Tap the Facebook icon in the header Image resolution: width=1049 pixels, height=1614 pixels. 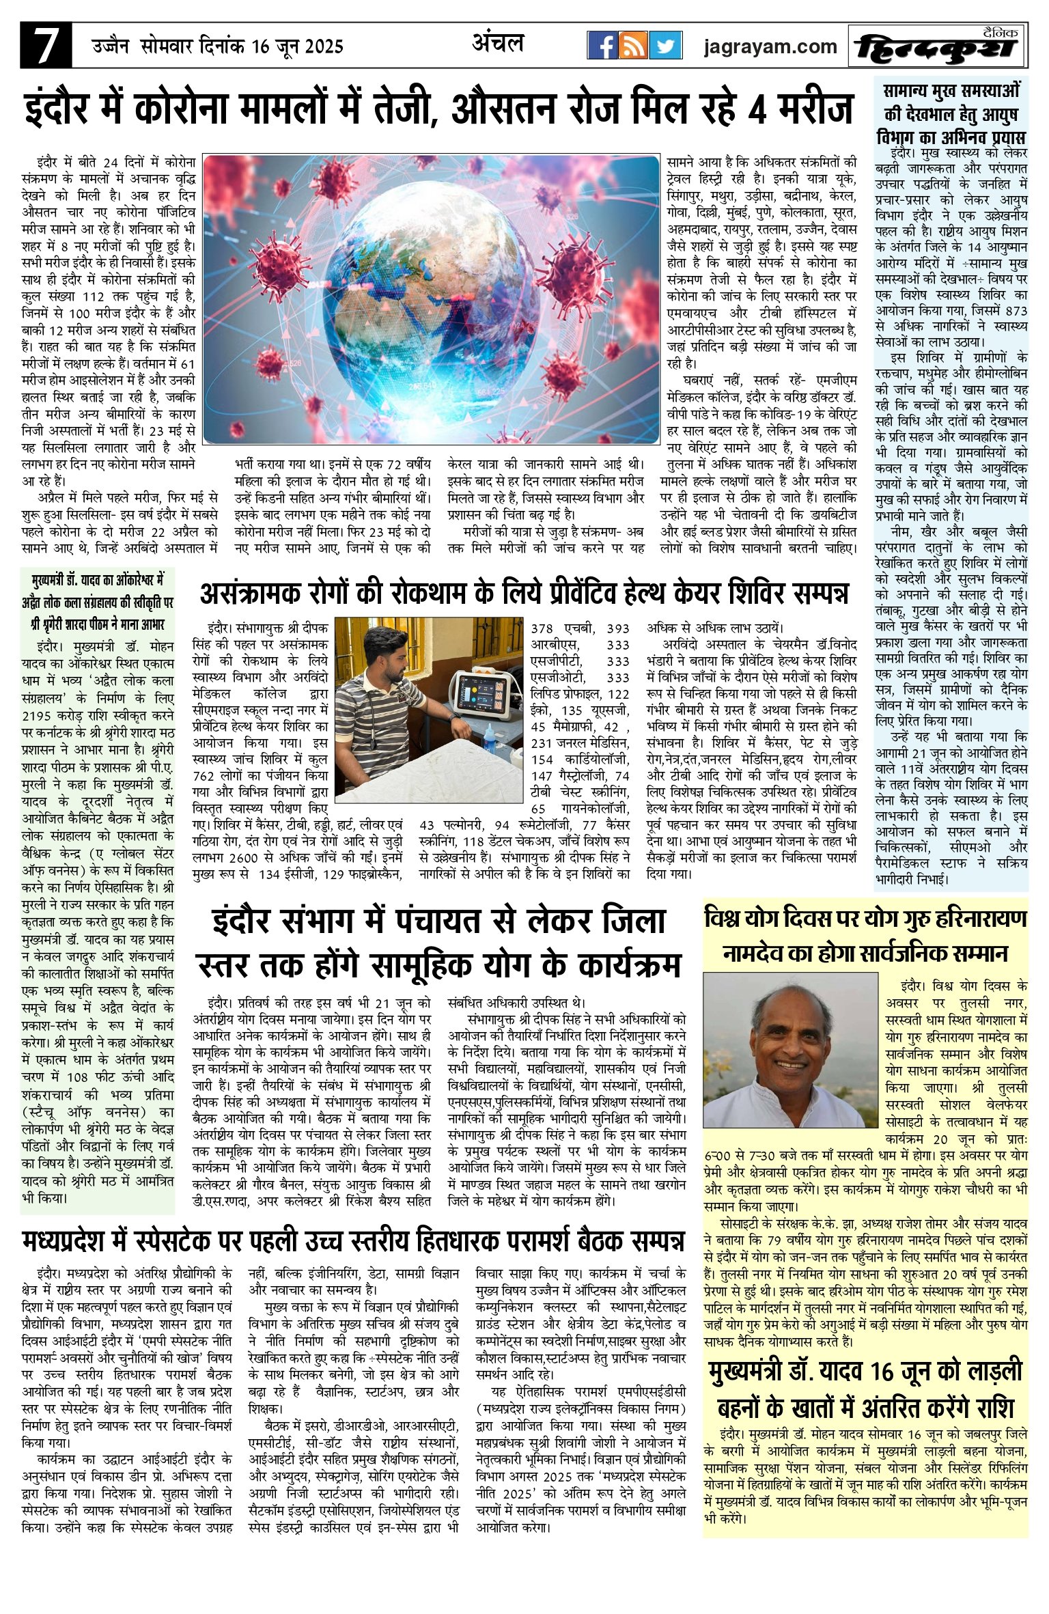(x=602, y=46)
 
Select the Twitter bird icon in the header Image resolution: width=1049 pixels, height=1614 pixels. (x=666, y=46)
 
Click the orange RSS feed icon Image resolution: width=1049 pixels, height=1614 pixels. (x=634, y=46)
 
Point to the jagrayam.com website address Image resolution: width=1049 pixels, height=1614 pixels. (x=770, y=46)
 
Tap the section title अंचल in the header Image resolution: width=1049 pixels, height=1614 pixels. (x=499, y=44)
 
